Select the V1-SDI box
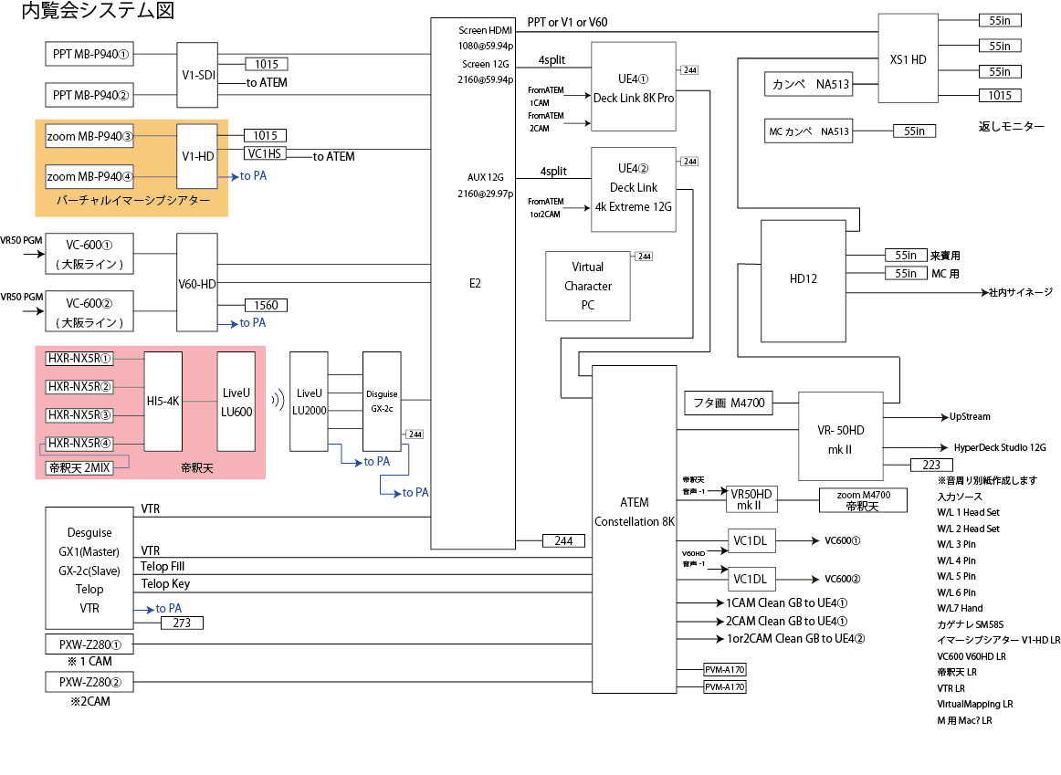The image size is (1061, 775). coord(197,74)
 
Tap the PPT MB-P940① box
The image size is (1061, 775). coord(90,54)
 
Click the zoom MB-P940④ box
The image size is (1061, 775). coord(89,176)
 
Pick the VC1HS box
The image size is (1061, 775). coord(265,153)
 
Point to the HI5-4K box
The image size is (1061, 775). coord(163,401)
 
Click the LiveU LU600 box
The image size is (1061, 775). coord(236,401)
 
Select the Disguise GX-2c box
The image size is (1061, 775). coord(383,400)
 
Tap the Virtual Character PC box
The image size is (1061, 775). coord(587,286)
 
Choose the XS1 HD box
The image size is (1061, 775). coord(908,58)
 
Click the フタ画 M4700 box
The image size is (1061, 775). coord(729,402)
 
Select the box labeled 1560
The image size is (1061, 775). coord(266,305)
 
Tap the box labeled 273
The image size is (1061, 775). coord(182,623)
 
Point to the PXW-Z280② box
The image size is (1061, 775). coord(89,681)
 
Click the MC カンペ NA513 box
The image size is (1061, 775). coord(809,131)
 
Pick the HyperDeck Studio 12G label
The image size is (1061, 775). coord(1000,448)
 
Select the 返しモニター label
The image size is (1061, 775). coord(1011,127)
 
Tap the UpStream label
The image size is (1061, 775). coord(969,417)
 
